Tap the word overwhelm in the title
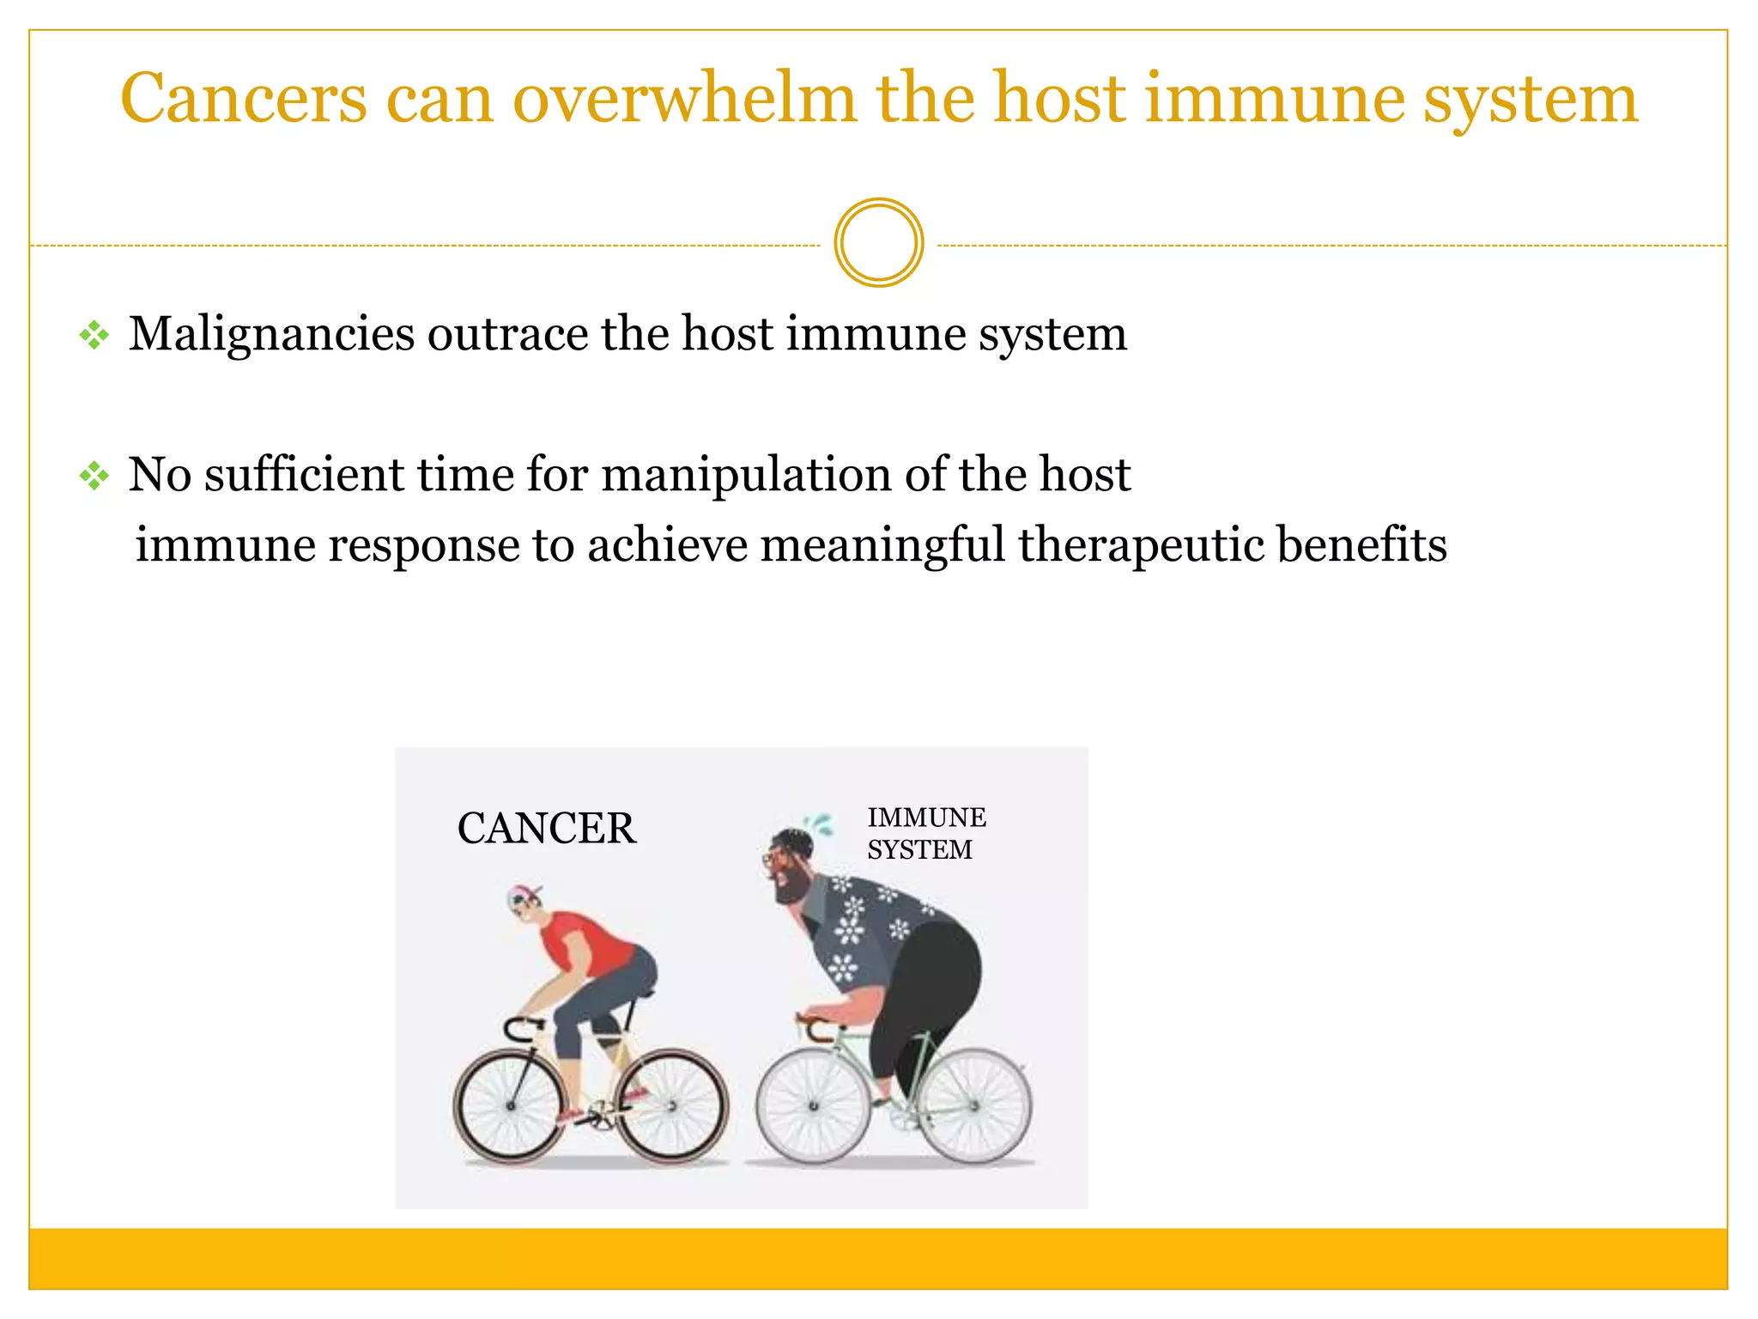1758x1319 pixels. tap(684, 99)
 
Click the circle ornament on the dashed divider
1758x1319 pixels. tap(878, 243)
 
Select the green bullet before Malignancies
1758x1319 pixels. tap(94, 335)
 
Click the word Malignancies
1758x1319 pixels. tap(271, 335)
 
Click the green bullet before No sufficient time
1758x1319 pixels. tap(94, 475)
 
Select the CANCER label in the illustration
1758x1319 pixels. tap(547, 829)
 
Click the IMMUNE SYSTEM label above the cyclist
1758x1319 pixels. tap(926, 833)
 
